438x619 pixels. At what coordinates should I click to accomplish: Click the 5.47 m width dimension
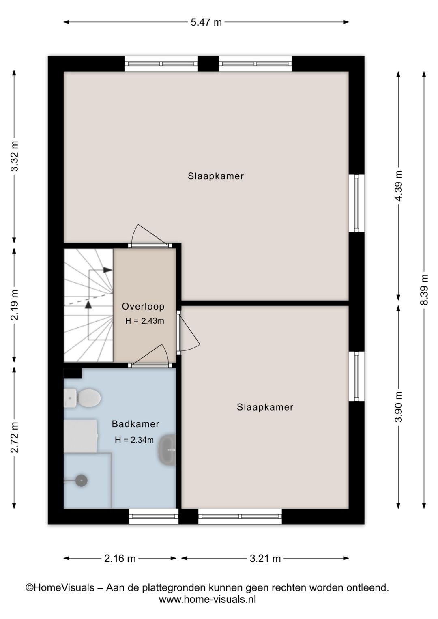click(x=206, y=22)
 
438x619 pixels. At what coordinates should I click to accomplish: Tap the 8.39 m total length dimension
click(x=424, y=290)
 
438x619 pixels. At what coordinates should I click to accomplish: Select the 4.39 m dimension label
click(x=398, y=186)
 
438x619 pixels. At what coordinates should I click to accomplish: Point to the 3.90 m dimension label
click(x=398, y=407)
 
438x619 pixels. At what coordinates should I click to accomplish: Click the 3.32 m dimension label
click(x=14, y=156)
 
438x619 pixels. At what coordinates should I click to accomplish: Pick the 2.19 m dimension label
click(x=14, y=305)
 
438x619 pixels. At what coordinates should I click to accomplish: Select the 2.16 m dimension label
click(x=120, y=559)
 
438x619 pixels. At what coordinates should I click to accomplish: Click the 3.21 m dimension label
click(x=265, y=559)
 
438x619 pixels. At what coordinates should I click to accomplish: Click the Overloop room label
click(x=143, y=306)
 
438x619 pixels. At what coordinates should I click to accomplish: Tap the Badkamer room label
click(x=135, y=424)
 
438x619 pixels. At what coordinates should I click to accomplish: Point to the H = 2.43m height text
click(x=145, y=321)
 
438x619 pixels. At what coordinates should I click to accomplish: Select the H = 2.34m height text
click(x=134, y=440)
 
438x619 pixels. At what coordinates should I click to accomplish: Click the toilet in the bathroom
click(x=82, y=398)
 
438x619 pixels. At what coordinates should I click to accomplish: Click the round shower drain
click(x=82, y=481)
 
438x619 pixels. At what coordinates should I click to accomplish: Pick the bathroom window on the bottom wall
click(x=154, y=516)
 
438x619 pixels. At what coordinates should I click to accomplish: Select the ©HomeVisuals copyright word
click(x=60, y=587)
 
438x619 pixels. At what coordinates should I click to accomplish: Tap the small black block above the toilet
click(x=73, y=373)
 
